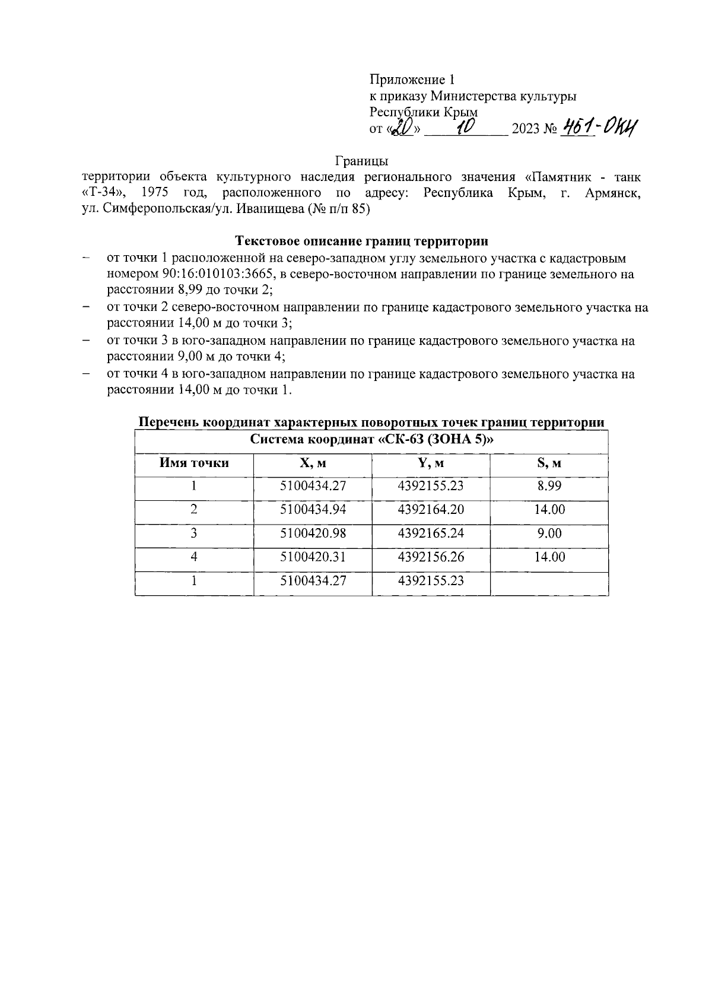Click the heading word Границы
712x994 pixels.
click(361, 161)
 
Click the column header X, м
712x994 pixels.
click(313, 463)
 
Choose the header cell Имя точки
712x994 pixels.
click(194, 463)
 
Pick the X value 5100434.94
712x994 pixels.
click(313, 509)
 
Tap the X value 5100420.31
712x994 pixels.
click(313, 557)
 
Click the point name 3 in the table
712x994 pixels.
click(194, 533)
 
